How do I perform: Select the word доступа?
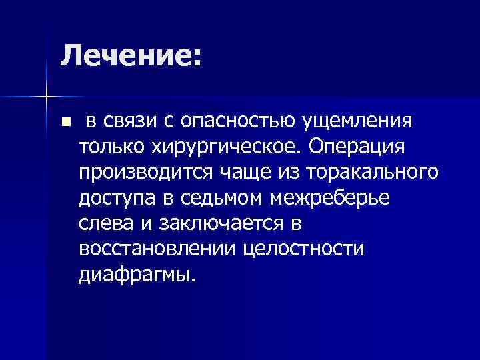point(116,198)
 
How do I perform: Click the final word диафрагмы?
point(137,273)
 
